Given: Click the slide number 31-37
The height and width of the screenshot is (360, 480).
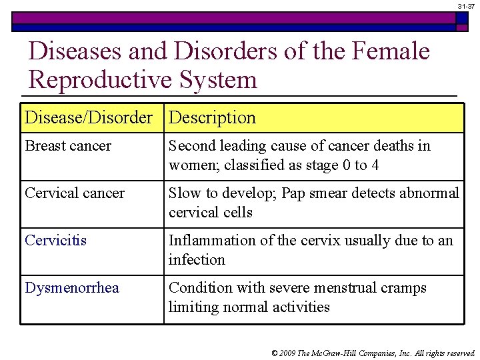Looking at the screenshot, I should (466, 6).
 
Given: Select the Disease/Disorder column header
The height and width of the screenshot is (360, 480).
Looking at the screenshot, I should (89, 118).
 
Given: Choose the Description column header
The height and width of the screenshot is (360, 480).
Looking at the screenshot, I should (212, 118).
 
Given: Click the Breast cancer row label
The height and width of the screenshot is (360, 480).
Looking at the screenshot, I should (68, 146).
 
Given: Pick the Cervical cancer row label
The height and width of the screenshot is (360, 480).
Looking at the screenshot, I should (75, 193).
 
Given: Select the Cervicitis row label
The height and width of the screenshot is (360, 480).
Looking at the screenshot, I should (56, 241).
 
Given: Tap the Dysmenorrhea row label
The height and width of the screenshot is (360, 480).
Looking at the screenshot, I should (72, 288).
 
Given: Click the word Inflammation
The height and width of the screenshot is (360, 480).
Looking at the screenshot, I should (209, 241).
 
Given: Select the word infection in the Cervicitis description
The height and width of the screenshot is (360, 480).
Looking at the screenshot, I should (197, 260).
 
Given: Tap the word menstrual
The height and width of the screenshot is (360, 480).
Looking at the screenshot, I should (338, 288).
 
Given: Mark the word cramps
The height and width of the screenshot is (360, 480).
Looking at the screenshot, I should (403, 288).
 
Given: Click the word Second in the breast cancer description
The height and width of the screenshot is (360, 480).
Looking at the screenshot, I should (190, 146).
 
